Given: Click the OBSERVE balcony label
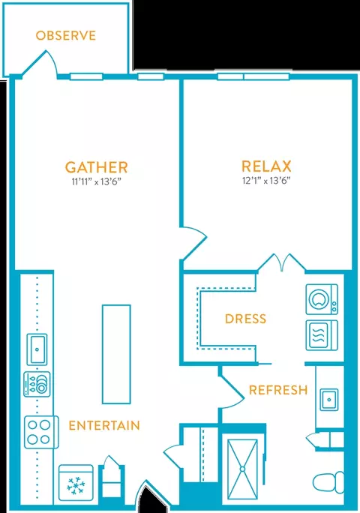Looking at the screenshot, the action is (66, 35).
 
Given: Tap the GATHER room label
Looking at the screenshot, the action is (96, 167).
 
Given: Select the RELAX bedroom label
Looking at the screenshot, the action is (266, 166).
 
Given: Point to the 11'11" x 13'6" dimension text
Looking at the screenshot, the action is (97, 181).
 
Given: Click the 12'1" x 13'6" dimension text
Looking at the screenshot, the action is (266, 181).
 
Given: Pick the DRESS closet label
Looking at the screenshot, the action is (245, 319).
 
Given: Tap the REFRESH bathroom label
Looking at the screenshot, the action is (278, 390).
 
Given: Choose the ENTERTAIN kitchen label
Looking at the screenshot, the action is (104, 425).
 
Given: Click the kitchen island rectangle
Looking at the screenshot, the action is (116, 354).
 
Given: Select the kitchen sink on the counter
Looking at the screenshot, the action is (37, 349).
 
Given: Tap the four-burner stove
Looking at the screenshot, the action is (41, 432).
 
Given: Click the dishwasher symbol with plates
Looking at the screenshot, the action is (37, 384).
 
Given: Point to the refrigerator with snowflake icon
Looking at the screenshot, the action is (76, 482).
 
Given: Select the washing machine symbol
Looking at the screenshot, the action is (322, 299).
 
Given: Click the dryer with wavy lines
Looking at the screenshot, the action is (322, 336).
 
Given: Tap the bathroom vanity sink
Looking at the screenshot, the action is (329, 400).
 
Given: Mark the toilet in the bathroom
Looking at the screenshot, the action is (328, 482).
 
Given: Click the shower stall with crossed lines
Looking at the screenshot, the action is (242, 469).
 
